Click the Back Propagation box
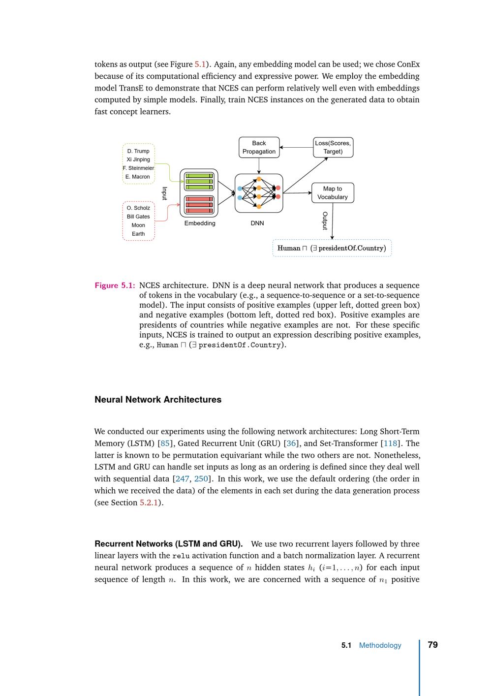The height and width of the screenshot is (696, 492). click(259, 147)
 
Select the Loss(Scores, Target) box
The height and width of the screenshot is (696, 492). click(333, 147)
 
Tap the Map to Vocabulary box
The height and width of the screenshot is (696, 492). click(333, 192)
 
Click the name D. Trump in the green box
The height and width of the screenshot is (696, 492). click(138, 151)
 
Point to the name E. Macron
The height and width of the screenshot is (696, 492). click(138, 177)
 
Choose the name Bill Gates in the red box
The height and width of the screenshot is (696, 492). click(138, 217)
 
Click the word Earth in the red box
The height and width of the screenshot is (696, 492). click(138, 234)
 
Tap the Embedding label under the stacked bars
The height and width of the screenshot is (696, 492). click(200, 223)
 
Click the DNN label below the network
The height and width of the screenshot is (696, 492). click(257, 223)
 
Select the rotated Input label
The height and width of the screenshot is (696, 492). click(165, 193)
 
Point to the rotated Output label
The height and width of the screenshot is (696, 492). click(325, 221)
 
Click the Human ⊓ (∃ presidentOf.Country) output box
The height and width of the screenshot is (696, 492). click(332, 248)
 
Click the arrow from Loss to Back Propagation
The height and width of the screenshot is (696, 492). click(296, 147)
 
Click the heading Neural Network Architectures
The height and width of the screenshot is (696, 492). click(158, 400)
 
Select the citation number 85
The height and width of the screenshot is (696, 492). click(165, 443)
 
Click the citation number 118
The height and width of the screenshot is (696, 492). click(390, 443)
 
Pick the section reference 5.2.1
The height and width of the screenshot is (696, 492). click(149, 503)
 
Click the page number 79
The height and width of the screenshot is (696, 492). click(433, 645)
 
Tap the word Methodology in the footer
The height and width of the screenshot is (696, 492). click(380, 645)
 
